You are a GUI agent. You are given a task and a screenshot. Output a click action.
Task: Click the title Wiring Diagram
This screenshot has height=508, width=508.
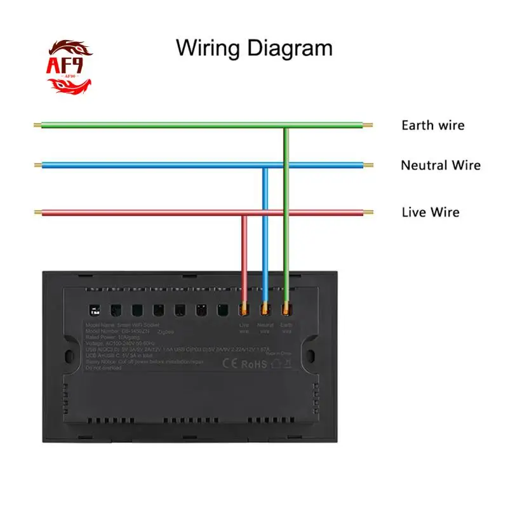pos(254,48)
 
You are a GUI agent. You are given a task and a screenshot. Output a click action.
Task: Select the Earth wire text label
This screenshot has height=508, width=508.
pos(432,125)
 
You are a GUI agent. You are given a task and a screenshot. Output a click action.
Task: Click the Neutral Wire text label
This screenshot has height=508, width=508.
pos(440,166)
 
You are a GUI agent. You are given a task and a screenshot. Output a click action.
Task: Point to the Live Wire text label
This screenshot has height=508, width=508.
pos(430,212)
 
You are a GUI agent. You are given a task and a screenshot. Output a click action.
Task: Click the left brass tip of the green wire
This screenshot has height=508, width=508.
pos(37,125)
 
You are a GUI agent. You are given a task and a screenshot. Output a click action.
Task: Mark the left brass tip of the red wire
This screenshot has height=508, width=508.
pos(37,212)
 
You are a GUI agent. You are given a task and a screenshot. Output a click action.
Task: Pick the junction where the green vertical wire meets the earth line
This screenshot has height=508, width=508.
pos(286,126)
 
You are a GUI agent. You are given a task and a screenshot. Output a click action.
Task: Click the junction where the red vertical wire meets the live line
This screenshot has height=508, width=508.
pos(244,213)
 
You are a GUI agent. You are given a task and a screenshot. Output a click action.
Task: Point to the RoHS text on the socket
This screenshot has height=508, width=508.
pos(253,364)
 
